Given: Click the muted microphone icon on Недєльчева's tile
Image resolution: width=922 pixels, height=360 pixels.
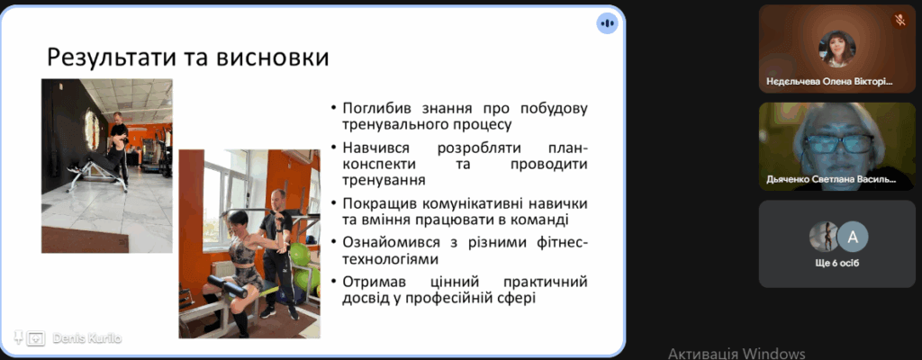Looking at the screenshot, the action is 899,21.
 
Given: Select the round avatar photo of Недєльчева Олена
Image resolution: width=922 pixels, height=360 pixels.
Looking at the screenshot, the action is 837,49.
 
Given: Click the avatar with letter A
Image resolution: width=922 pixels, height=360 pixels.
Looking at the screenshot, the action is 853,237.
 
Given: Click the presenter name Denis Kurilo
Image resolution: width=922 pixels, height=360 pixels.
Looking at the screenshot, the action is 87,338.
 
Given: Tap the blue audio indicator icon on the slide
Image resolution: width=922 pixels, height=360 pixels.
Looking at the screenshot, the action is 608,23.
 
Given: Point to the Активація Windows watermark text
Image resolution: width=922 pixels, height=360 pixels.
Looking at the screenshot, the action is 737,354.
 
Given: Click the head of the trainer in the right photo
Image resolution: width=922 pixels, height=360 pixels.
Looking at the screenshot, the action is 278,199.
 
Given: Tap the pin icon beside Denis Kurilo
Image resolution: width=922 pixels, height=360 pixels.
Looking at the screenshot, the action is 18,337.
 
